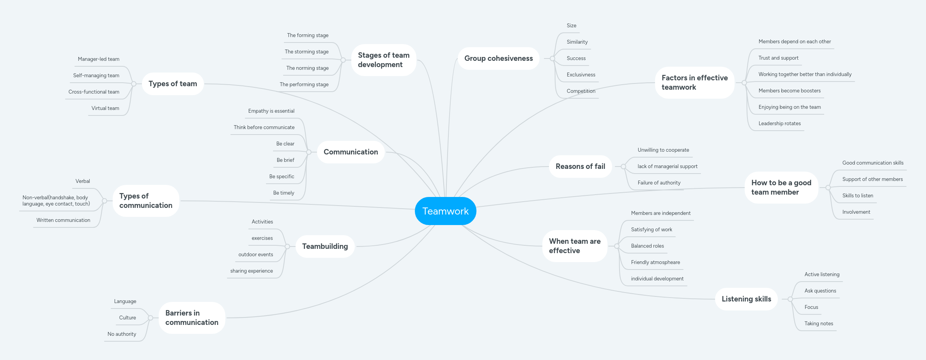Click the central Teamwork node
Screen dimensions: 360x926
tap(445, 211)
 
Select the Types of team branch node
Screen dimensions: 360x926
tap(173, 84)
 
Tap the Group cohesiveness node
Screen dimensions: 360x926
tap(498, 59)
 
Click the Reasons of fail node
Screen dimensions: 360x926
tap(580, 167)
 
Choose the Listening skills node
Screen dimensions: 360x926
tap(746, 299)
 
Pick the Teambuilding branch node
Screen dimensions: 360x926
tap(325, 247)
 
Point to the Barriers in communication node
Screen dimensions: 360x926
tap(191, 318)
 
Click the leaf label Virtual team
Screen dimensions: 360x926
tap(105, 108)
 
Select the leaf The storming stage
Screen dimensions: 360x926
tap(306, 52)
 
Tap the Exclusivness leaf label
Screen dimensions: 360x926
tap(581, 75)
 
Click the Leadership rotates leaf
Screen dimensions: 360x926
tap(779, 124)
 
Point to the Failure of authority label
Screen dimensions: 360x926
tap(659, 183)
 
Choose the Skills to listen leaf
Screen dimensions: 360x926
tap(857, 196)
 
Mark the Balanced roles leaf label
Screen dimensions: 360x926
tap(647, 246)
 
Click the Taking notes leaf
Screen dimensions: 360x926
tap(819, 324)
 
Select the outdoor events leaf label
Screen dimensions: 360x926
tap(256, 255)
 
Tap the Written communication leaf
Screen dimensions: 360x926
tap(63, 220)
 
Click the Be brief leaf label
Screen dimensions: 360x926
tap(285, 160)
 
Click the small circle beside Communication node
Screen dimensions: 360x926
tap(309, 152)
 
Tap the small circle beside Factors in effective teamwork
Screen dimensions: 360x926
tap(744, 83)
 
